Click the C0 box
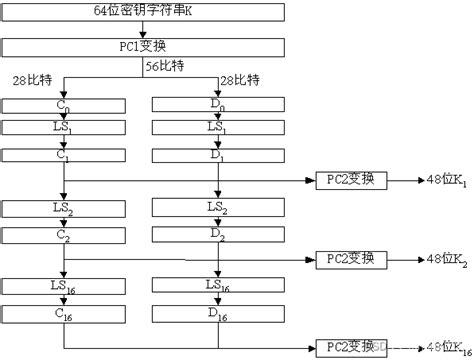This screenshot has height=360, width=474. [64, 105]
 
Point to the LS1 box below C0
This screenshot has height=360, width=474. [64, 129]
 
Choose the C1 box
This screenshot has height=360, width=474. [64, 155]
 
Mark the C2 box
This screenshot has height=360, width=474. [64, 234]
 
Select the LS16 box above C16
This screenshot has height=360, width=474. [64, 287]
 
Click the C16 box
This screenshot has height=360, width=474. [64, 313]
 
